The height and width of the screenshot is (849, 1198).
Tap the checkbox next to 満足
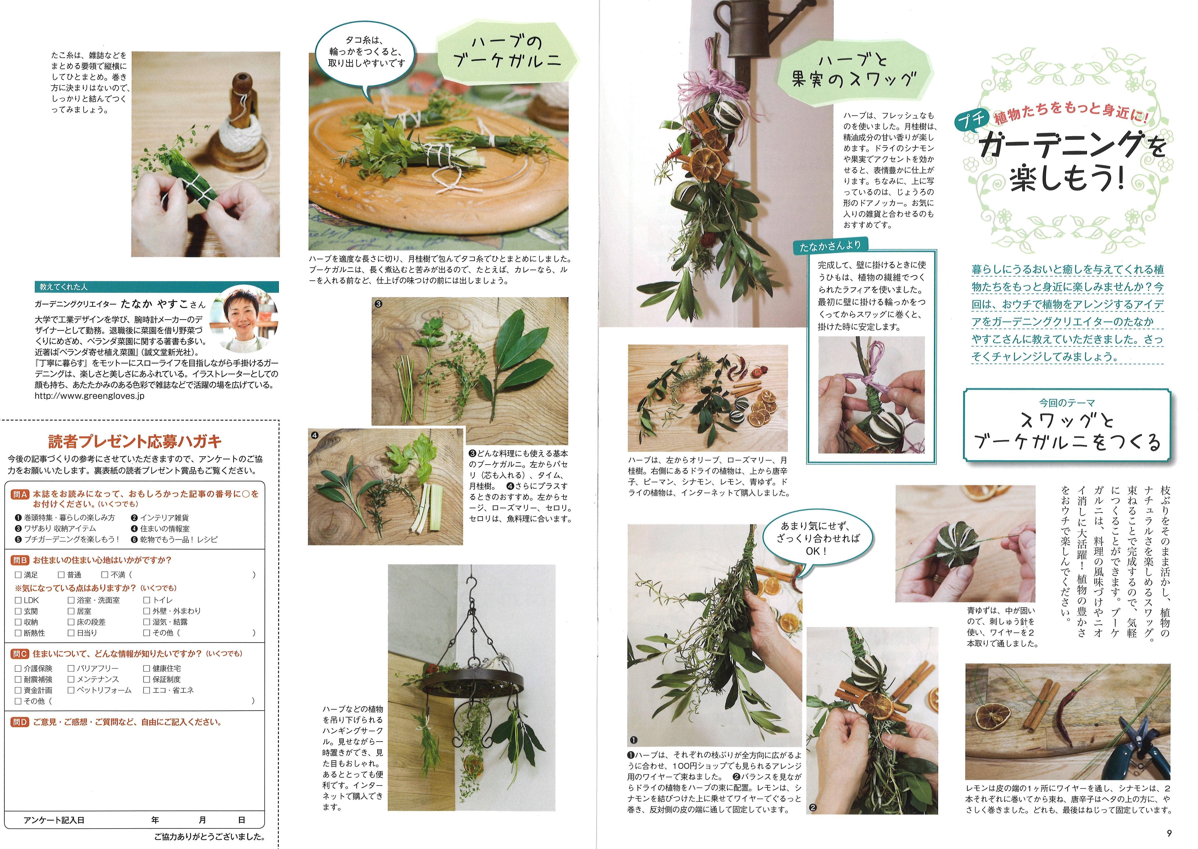[18, 574]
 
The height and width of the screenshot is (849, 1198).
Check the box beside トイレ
[147, 600]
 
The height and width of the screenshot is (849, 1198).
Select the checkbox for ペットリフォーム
[71, 690]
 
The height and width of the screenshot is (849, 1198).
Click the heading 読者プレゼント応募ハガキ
[135, 442]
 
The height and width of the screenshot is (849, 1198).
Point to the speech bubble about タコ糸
[366, 52]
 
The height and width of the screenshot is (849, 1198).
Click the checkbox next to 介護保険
[18, 668]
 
